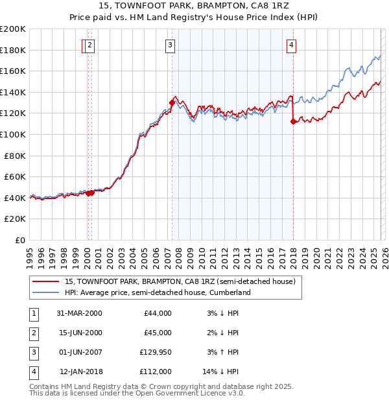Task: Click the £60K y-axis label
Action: tap(15, 176)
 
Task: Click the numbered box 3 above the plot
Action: tap(169, 45)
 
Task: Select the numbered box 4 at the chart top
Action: tap(292, 45)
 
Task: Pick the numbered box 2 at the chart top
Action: tap(89, 45)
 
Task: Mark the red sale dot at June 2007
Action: tap(172, 102)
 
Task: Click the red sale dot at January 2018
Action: tap(293, 121)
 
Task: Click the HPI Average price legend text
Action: tap(158, 293)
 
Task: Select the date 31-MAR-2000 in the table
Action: tap(80, 313)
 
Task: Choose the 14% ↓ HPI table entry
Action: tap(221, 372)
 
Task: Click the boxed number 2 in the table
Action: tap(33, 333)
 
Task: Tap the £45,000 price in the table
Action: tap(158, 333)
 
